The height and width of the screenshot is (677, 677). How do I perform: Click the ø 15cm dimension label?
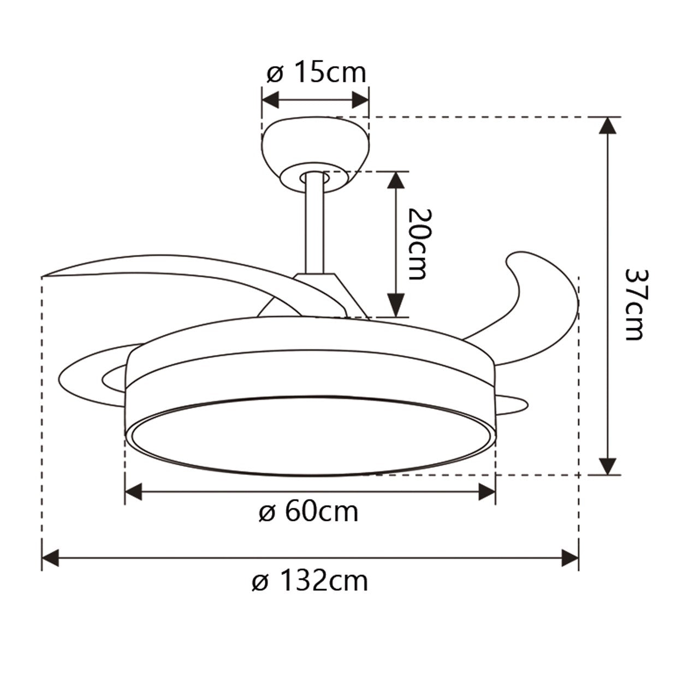316,73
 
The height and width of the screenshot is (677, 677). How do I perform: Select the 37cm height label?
633,304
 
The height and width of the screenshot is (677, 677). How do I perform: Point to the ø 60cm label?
308,512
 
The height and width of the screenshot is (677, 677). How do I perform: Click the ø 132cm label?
310,581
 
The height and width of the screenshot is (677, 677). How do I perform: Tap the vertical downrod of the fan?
313,224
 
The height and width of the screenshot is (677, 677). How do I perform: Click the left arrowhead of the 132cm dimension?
50,559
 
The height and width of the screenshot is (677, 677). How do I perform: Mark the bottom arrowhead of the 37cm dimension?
608,466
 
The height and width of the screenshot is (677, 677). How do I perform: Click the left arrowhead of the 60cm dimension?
134,491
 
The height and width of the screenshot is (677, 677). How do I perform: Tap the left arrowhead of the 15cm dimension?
270,100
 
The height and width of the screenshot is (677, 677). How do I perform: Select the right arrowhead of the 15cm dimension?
361,100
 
